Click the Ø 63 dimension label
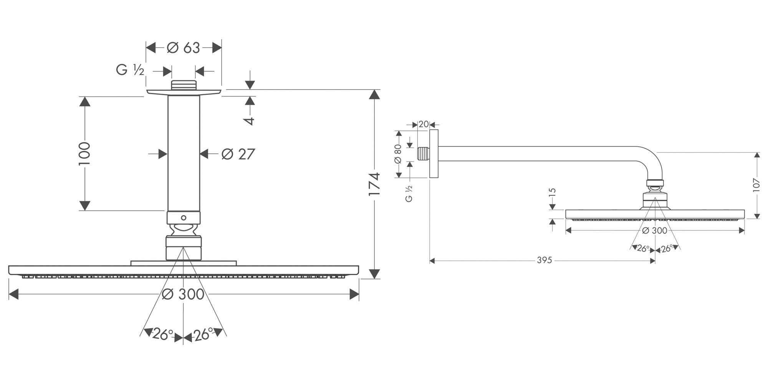[184, 48]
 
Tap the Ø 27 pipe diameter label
[238, 154]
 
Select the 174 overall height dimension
[374, 184]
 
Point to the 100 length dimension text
[84, 154]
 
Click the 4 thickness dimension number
[249, 121]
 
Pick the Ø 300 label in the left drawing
[183, 294]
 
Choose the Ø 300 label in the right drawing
[655, 230]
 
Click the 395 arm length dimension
[544, 260]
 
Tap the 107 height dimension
[756, 185]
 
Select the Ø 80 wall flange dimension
[398, 154]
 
